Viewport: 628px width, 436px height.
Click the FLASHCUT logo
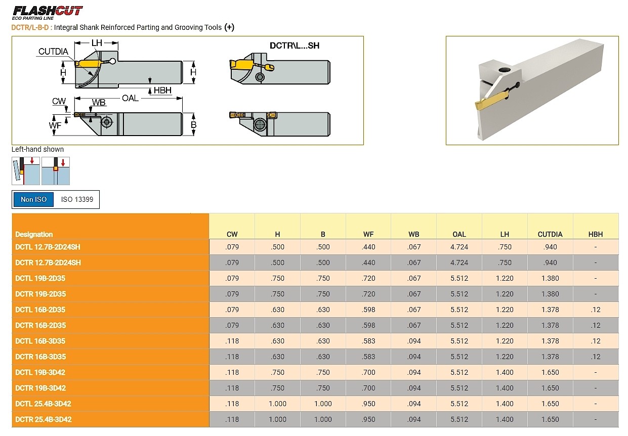(x=48, y=13)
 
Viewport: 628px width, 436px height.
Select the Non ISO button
(x=33, y=199)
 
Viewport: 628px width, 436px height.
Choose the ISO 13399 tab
(x=77, y=199)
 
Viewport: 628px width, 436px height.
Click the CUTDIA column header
(x=550, y=234)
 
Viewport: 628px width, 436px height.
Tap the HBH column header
(x=596, y=234)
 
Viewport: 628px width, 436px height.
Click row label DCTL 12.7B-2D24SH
(x=48, y=247)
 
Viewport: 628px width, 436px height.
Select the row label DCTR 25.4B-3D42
(x=44, y=419)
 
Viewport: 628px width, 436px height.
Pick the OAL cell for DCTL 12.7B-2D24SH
(x=459, y=247)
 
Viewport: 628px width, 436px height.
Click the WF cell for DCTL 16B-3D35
(x=368, y=341)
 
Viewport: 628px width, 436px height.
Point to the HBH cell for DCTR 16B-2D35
(x=596, y=325)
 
